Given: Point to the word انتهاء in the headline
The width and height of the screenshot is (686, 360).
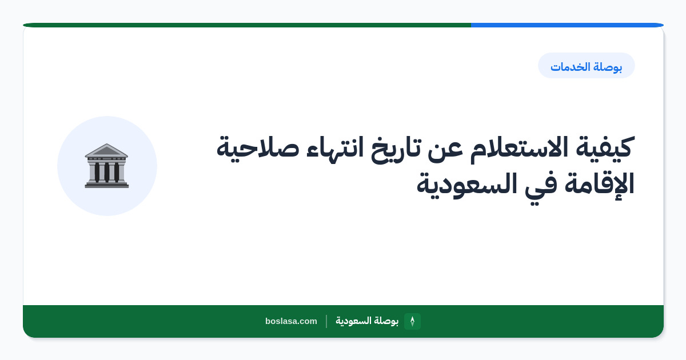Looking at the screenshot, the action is click(x=335, y=147).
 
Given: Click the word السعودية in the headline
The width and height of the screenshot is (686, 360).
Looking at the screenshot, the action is click(x=466, y=185).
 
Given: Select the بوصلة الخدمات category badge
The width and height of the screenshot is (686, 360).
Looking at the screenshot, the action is click(x=587, y=66).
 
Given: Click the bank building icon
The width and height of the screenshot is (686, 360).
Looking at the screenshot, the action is click(x=106, y=166).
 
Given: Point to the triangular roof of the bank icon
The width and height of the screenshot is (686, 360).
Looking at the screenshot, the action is click(x=106, y=150).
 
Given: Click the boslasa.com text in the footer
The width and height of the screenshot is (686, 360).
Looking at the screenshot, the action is click(x=291, y=321).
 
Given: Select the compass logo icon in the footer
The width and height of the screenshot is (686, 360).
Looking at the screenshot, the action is click(x=412, y=321).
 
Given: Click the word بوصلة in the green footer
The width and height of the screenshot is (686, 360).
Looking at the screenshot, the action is click(x=386, y=321).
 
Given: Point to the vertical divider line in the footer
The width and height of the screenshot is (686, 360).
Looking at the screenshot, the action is click(x=326, y=321).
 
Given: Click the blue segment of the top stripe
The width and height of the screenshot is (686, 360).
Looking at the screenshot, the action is click(x=567, y=25).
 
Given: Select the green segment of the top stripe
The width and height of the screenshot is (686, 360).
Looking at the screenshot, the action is click(x=247, y=25).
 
